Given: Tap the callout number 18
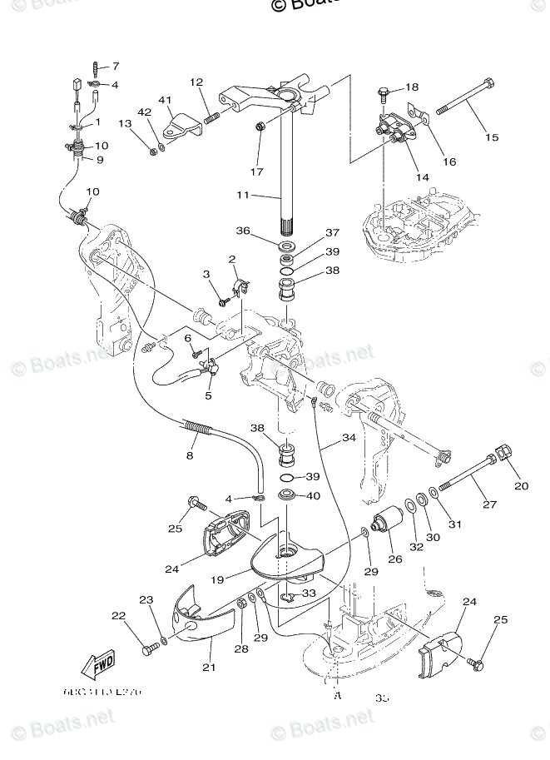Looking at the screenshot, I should pyautogui.click(x=412, y=87).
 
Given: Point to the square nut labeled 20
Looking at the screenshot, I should pyautogui.click(x=504, y=455).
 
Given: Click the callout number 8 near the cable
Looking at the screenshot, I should pyautogui.click(x=190, y=455).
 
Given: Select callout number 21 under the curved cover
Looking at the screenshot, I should pyautogui.click(x=208, y=667).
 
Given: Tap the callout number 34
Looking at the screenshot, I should pyautogui.click(x=349, y=439).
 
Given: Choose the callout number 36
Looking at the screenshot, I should pyautogui.click(x=242, y=231).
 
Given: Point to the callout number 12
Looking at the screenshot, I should pyautogui.click(x=196, y=82).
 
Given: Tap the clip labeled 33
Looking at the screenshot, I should pyautogui.click(x=288, y=598).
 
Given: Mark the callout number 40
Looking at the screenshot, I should pyautogui.click(x=313, y=496).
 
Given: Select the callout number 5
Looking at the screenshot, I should pyautogui.click(x=208, y=395).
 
